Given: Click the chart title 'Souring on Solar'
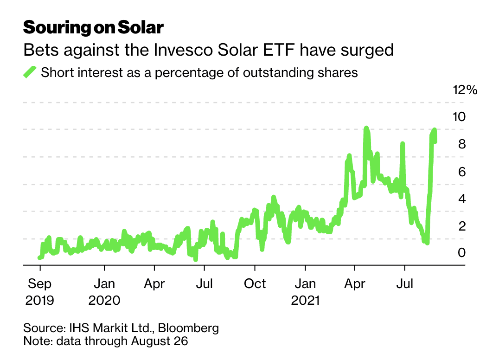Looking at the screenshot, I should point(93,27).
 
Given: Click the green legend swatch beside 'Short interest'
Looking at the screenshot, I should point(30,73).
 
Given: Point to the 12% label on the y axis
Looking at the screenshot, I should point(465,90).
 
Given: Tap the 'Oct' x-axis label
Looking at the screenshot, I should point(255,283).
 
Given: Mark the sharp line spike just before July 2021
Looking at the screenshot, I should point(403,144).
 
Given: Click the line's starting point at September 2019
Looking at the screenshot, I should point(39,257).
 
